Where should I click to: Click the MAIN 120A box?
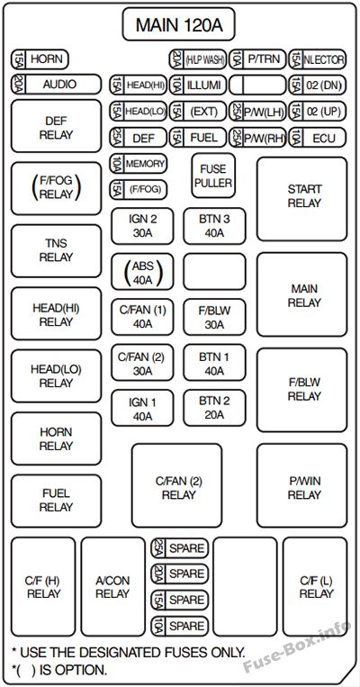click(179, 24)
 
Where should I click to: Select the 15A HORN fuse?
click(40, 59)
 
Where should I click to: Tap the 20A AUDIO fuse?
click(56, 84)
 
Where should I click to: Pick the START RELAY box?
click(301, 199)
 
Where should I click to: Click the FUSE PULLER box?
click(213, 176)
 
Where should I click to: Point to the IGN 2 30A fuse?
click(142, 226)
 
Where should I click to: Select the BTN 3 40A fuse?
click(214, 226)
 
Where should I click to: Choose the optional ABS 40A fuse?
click(142, 272)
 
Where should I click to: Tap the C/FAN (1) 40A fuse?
click(142, 317)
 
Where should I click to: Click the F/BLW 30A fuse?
click(214, 317)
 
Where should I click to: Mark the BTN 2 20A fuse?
click(214, 408)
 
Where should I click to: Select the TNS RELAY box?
click(56, 250)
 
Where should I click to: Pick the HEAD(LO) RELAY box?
click(56, 376)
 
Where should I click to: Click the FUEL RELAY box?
click(56, 501)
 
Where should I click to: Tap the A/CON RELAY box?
click(113, 587)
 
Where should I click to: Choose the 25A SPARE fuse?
click(180, 548)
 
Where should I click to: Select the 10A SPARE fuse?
click(180, 626)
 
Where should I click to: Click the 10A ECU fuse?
click(318, 138)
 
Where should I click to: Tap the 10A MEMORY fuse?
click(139, 164)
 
